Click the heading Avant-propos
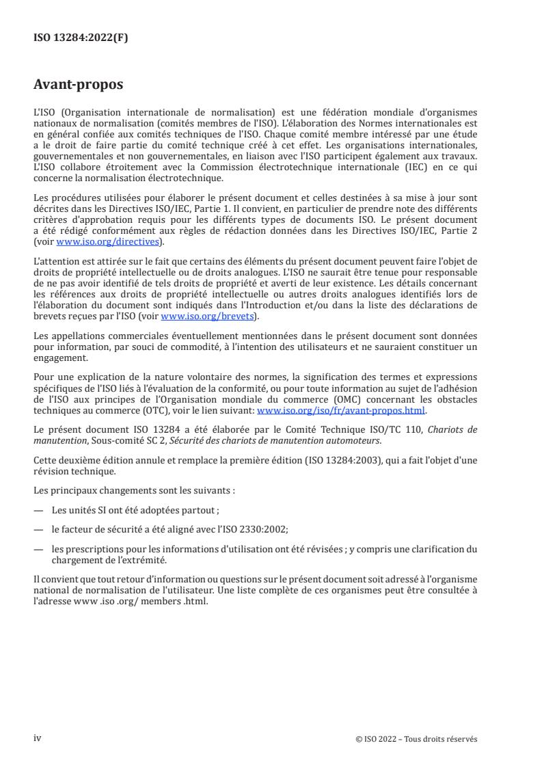point(79,85)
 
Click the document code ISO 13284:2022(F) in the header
point(81,38)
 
